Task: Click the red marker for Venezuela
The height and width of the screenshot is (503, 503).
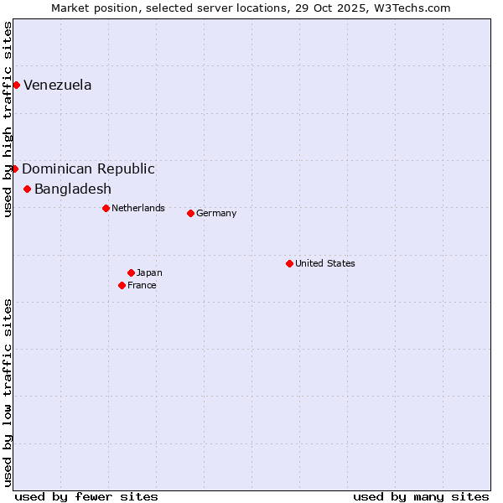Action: coord(16,85)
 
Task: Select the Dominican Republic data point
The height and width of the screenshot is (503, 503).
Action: coord(14,169)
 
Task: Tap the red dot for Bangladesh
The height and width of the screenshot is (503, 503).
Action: coord(27,189)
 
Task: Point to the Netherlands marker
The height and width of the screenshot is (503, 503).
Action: coord(106,208)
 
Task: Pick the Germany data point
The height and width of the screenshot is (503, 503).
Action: coord(190,213)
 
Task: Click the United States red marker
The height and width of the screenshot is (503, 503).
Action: coord(289,263)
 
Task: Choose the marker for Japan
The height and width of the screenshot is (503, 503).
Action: coord(131,272)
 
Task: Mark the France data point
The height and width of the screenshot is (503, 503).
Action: coord(122,285)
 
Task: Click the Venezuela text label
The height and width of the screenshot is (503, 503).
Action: coord(58,85)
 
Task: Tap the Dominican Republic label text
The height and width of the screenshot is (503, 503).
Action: coord(88,169)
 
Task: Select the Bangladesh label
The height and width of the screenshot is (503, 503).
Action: coord(73,189)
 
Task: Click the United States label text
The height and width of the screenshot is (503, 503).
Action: coord(325,263)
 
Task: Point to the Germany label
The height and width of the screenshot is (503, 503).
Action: coord(216,213)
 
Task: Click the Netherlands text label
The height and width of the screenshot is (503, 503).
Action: coord(138,208)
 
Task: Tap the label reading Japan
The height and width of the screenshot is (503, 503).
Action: coord(149,272)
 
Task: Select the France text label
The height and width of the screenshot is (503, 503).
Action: coord(142,285)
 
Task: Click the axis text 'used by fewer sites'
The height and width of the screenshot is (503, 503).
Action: coord(86,496)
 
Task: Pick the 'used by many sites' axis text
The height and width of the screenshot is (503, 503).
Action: coord(421,496)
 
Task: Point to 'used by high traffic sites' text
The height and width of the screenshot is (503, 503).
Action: coord(8,119)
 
